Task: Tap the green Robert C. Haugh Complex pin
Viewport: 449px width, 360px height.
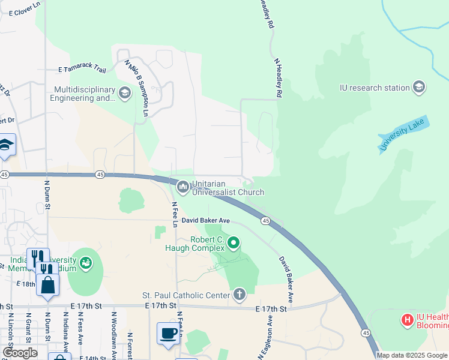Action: (x=234, y=243)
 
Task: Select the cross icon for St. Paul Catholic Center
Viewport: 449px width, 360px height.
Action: (x=240, y=294)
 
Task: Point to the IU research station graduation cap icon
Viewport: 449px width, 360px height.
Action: (x=419, y=88)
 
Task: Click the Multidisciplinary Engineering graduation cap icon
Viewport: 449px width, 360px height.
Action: (x=125, y=93)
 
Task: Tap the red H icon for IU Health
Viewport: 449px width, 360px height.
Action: (x=408, y=320)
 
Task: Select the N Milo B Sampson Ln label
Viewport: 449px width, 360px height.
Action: (x=136, y=88)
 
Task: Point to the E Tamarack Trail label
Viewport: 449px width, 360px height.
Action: (x=82, y=70)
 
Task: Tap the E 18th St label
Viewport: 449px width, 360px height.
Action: (x=27, y=283)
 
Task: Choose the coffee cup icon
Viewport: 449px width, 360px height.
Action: (x=167, y=332)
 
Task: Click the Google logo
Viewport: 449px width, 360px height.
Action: (x=20, y=353)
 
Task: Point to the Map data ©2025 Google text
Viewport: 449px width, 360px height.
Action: (x=412, y=355)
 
